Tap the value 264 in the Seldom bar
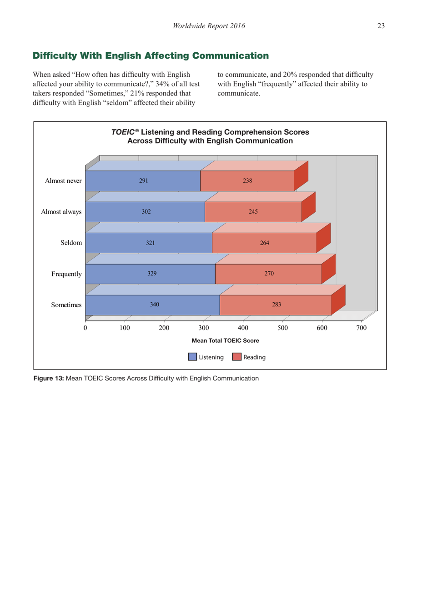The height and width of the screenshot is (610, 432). (x=264, y=243)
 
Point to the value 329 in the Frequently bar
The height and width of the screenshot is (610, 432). (x=152, y=274)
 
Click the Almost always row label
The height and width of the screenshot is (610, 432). (x=61, y=212)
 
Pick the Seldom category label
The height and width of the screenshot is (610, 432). (x=71, y=243)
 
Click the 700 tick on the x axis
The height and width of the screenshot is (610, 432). (x=361, y=328)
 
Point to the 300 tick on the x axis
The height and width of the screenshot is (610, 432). (x=204, y=328)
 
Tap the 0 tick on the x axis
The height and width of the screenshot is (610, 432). (x=85, y=328)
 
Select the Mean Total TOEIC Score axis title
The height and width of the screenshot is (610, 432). (x=225, y=340)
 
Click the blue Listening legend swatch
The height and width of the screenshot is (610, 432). (x=192, y=357)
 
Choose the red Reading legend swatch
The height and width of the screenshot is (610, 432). (x=236, y=357)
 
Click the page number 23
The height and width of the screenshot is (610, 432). (x=381, y=26)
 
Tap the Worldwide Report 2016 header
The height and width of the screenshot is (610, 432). (x=209, y=26)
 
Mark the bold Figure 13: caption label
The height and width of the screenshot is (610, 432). (x=49, y=378)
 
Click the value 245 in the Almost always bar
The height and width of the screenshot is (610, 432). (x=253, y=212)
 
